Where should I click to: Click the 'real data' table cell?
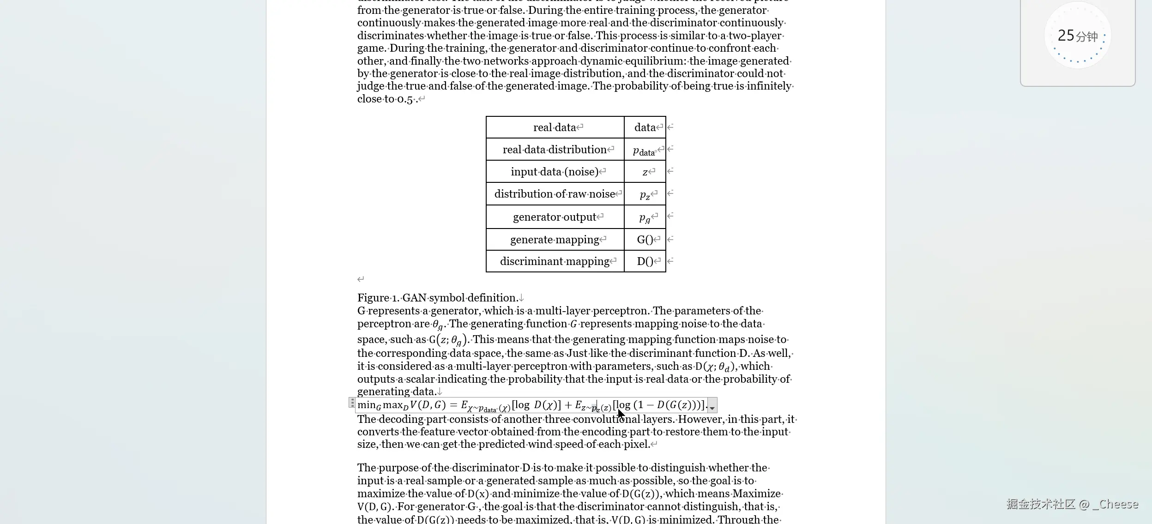[555, 127]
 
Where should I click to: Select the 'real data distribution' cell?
[555, 150]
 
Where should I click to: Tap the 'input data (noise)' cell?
[555, 172]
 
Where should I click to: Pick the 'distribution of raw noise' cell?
[555, 194]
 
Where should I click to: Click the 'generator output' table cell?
[555, 217]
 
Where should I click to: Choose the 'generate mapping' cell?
[555, 240]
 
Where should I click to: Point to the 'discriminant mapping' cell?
[555, 261]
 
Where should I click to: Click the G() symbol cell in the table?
[645, 240]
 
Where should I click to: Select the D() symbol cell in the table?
[645, 261]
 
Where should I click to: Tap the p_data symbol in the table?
[644, 151]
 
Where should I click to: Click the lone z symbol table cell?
[645, 172]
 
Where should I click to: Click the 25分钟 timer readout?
[1077, 36]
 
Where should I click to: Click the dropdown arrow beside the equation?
[712, 406]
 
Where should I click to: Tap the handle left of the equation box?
[352, 403]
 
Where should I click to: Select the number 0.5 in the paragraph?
[405, 99]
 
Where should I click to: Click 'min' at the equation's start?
[367, 405]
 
